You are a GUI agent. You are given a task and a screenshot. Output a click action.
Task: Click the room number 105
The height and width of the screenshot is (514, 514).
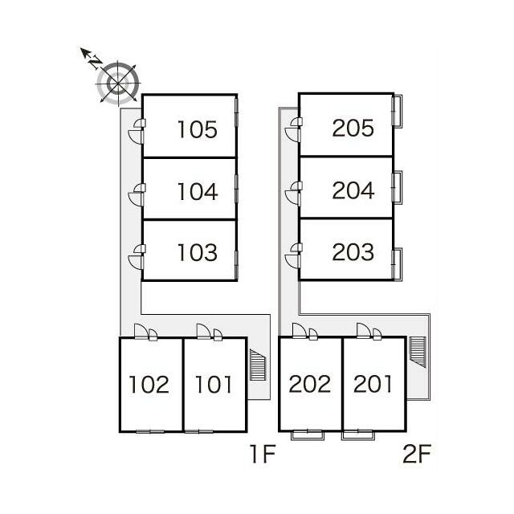(x=198, y=129)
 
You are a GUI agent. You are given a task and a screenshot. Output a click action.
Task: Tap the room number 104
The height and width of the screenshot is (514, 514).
(x=198, y=191)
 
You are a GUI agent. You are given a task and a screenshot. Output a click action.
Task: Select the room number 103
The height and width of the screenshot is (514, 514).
(x=198, y=252)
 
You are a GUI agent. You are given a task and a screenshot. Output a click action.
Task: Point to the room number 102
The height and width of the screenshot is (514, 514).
(x=149, y=384)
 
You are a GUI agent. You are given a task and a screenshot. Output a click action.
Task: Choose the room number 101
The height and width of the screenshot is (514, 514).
(x=214, y=384)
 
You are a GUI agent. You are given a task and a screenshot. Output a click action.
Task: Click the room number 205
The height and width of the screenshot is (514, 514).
(x=353, y=128)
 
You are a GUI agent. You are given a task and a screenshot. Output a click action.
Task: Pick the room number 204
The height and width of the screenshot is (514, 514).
(x=353, y=190)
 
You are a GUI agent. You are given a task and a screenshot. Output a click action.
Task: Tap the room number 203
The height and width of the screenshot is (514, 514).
(x=353, y=251)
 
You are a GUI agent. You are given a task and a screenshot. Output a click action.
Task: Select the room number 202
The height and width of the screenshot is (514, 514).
(x=310, y=384)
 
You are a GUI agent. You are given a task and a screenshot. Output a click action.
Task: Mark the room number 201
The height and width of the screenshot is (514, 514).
(x=373, y=384)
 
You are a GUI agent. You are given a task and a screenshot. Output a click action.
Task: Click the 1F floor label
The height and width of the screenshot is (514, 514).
(x=263, y=454)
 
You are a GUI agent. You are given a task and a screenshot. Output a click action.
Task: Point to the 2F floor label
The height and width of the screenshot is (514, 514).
(x=417, y=454)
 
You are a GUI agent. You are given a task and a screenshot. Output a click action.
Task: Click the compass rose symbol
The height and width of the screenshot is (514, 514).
(x=118, y=84)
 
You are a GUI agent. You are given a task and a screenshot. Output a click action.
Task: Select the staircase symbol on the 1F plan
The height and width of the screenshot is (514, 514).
(x=258, y=365)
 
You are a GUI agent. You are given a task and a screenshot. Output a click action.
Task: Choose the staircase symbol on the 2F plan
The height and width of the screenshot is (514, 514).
(x=418, y=352)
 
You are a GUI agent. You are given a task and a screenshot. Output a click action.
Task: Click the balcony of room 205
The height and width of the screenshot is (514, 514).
(x=398, y=111)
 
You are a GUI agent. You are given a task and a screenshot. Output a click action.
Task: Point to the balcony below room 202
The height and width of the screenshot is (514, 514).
(x=308, y=435)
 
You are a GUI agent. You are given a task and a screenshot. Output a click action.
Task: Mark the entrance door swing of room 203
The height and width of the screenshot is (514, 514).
(x=292, y=261)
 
